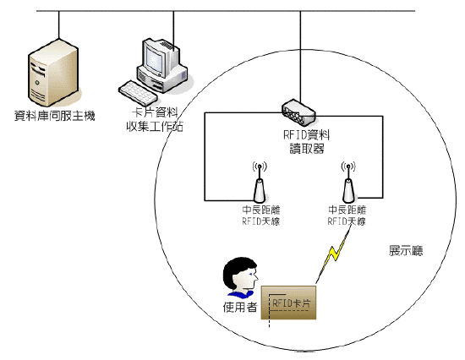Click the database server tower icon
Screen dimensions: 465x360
[53, 73]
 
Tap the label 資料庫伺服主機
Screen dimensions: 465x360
[55, 116]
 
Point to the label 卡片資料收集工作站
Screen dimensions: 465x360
[155, 119]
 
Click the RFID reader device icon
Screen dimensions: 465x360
[298, 112]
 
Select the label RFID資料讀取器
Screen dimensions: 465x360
[307, 142]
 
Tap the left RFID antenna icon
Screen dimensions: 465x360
[260, 182]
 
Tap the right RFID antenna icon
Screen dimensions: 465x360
[348, 182]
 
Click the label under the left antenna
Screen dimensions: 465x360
[261, 215]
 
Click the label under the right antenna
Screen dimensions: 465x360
[347, 215]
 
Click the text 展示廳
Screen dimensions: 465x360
[406, 251]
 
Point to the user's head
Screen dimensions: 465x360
[240, 275]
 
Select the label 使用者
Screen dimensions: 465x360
[240, 308]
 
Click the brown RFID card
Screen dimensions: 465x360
[288, 303]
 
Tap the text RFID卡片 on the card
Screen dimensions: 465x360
[291, 303]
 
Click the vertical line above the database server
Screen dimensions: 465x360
[58, 25]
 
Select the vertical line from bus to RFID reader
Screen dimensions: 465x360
[300, 57]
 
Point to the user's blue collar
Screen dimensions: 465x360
[241, 294]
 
